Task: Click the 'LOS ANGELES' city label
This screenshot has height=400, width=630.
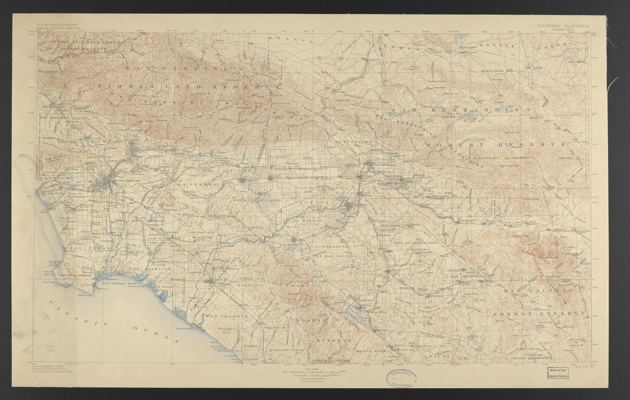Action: click(x=126, y=180)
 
